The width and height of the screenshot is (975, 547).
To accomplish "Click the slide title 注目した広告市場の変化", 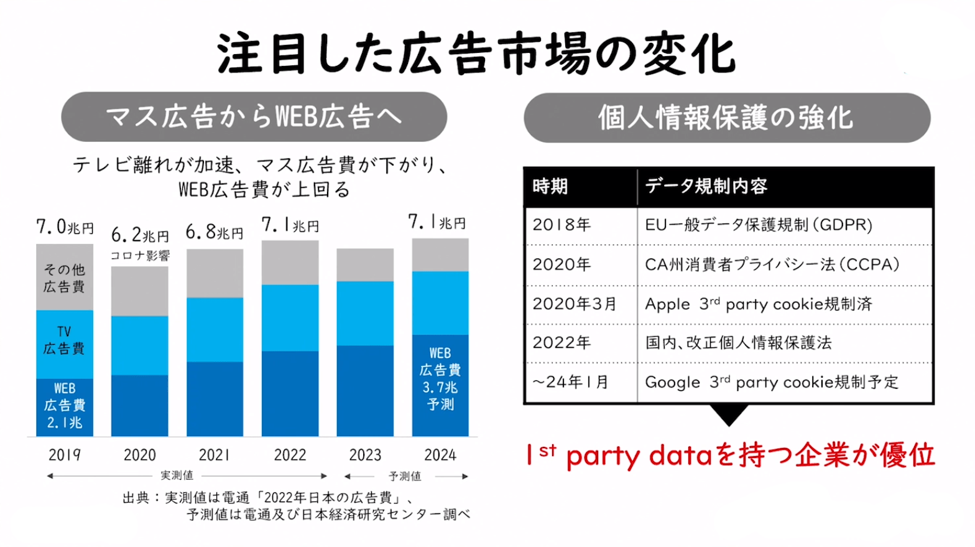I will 476,54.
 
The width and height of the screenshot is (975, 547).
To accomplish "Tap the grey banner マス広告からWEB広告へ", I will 254,116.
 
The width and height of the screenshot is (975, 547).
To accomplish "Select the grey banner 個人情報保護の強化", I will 726,118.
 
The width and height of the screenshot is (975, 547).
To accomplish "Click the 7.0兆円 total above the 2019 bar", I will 65,227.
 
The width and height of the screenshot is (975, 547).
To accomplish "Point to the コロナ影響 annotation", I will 140,255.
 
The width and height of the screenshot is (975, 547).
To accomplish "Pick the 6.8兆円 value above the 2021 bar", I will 215,232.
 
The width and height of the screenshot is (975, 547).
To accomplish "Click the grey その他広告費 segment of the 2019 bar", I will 65,278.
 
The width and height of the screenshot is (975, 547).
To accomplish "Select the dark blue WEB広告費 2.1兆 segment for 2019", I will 65,406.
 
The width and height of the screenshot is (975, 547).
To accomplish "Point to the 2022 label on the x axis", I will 290,455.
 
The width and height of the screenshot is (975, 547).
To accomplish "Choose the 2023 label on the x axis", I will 365,455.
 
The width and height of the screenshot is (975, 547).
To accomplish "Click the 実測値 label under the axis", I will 177,475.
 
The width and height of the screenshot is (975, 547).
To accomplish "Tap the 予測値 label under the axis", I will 405,476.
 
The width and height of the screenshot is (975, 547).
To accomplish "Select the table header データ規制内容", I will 706,186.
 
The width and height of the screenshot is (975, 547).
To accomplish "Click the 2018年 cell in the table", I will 561,225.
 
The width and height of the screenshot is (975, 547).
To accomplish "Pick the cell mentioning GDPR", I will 759,225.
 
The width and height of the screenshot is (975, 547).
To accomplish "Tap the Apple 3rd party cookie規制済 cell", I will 759,304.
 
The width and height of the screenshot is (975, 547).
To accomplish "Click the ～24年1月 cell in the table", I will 570,381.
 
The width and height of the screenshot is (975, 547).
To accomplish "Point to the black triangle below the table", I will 728,414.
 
